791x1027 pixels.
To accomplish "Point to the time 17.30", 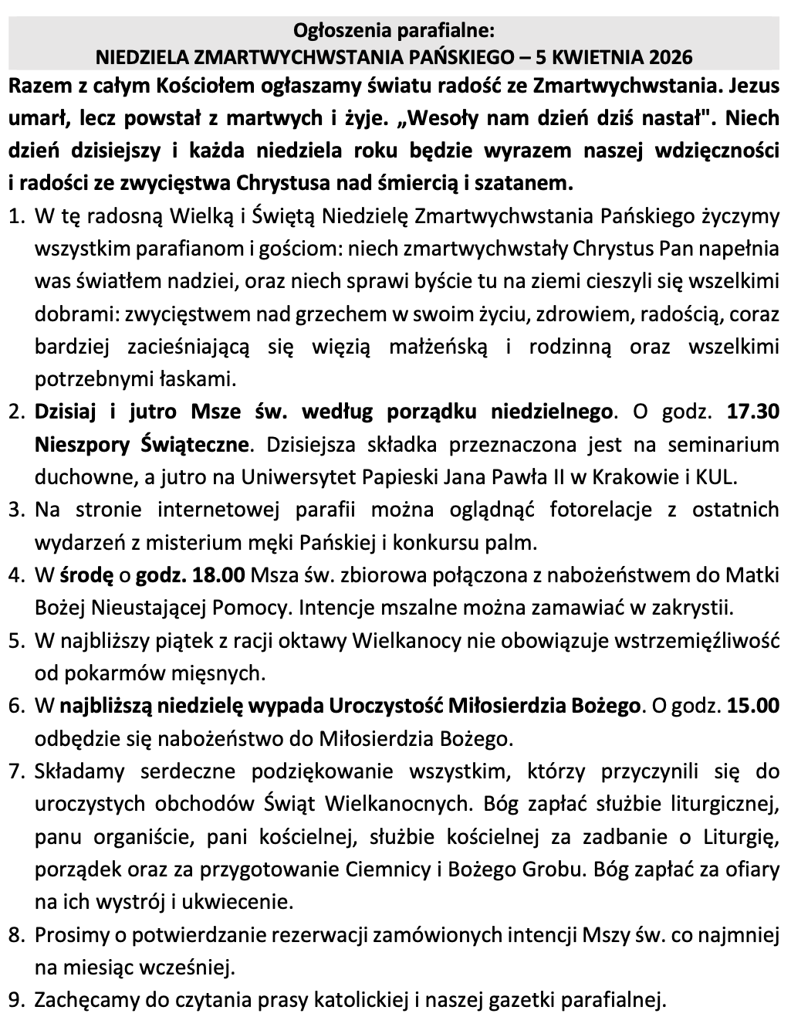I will [753, 412].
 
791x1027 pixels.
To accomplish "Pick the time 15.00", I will [753, 705].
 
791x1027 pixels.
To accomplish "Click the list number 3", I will [16, 510].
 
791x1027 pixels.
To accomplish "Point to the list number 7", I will [16, 771].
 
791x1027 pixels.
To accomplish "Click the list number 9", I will [16, 999].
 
